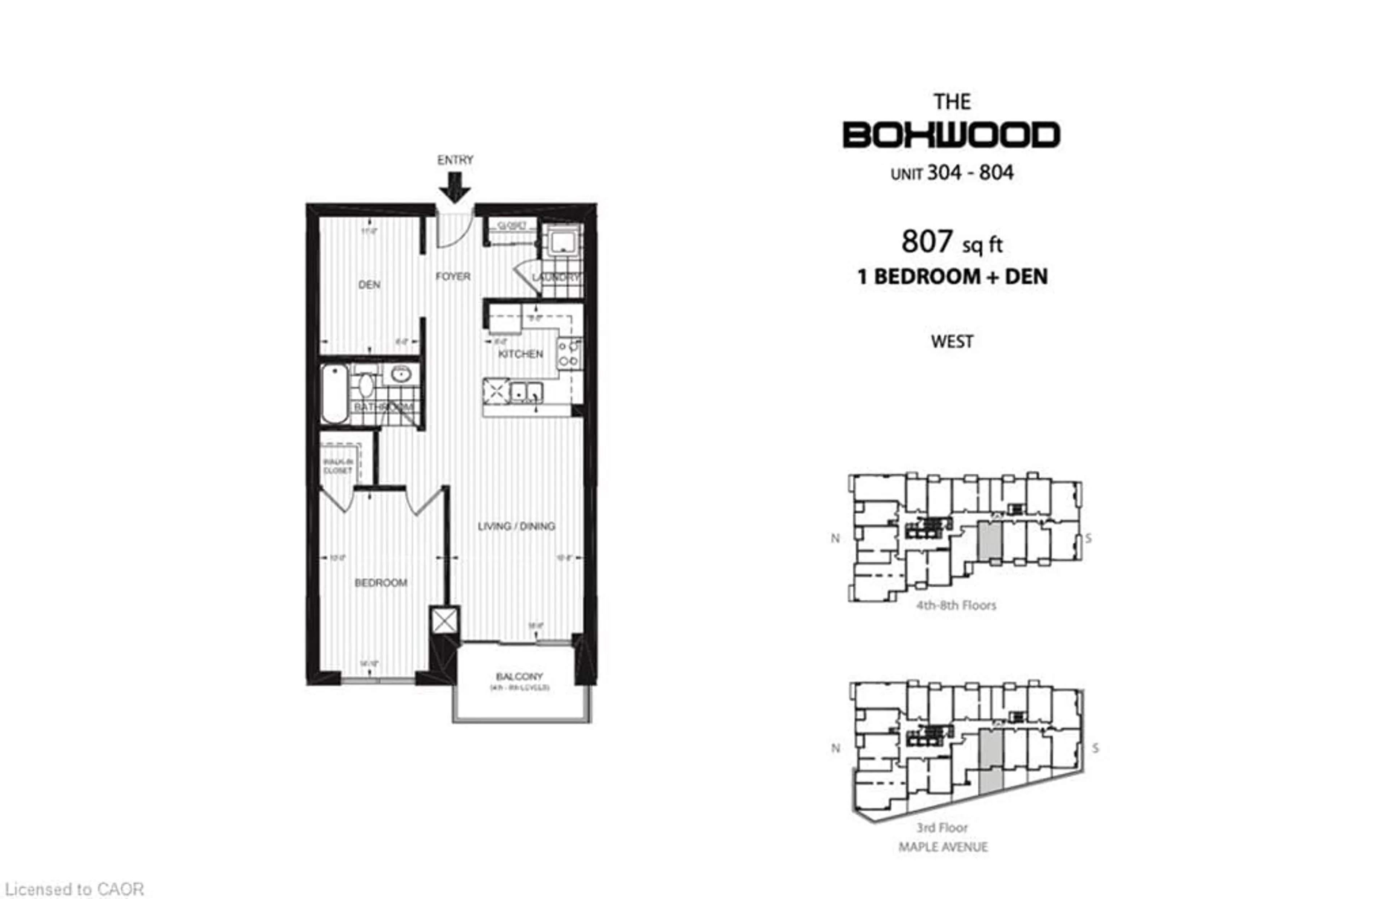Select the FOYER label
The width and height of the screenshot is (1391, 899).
click(x=452, y=276)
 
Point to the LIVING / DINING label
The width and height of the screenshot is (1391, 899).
click(x=516, y=526)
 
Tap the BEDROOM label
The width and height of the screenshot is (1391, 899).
click(x=381, y=583)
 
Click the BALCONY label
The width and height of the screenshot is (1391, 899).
click(x=519, y=677)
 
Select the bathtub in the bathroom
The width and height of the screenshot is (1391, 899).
click(x=335, y=394)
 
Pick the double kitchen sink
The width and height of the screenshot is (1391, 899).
click(x=526, y=392)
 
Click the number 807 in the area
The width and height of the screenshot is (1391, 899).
click(x=927, y=242)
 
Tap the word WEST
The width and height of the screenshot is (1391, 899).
click(x=952, y=341)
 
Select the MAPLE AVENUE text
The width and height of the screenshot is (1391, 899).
click(x=943, y=847)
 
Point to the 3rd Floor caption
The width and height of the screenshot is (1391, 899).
click(x=942, y=828)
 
